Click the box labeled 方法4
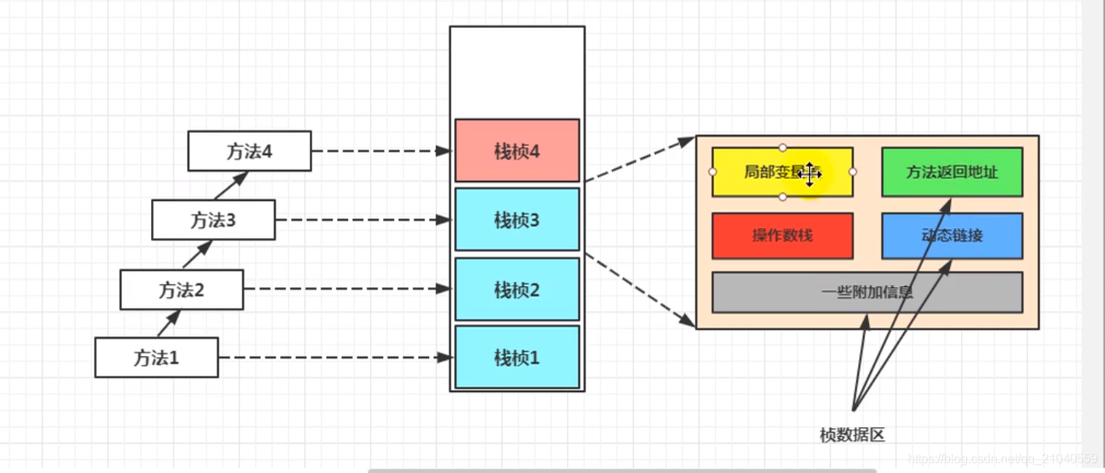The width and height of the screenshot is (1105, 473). click(249, 151)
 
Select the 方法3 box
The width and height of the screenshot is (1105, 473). click(213, 220)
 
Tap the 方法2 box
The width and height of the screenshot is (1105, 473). click(181, 290)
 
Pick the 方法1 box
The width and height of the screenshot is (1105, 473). click(156, 358)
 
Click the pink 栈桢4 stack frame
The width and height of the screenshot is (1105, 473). click(517, 151)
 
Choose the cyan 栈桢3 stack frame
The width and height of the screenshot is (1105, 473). click(517, 220)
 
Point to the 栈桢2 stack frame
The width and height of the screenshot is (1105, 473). click(517, 290)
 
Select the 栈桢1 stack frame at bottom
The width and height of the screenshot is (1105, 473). click(517, 358)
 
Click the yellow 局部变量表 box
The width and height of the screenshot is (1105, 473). click(759, 172)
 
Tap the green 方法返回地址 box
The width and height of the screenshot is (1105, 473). click(952, 172)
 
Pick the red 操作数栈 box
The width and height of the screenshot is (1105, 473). click(782, 235)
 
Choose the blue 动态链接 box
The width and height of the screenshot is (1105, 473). click(952, 235)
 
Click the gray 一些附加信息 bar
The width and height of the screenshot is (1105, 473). click(867, 293)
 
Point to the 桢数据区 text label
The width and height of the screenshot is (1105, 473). click(853, 435)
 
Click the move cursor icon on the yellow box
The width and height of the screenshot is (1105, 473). click(809, 174)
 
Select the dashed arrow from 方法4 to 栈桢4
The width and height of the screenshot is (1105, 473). click(382, 151)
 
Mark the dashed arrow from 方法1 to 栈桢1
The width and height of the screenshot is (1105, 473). click(335, 358)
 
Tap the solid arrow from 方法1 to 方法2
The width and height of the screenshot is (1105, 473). click(169, 323)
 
